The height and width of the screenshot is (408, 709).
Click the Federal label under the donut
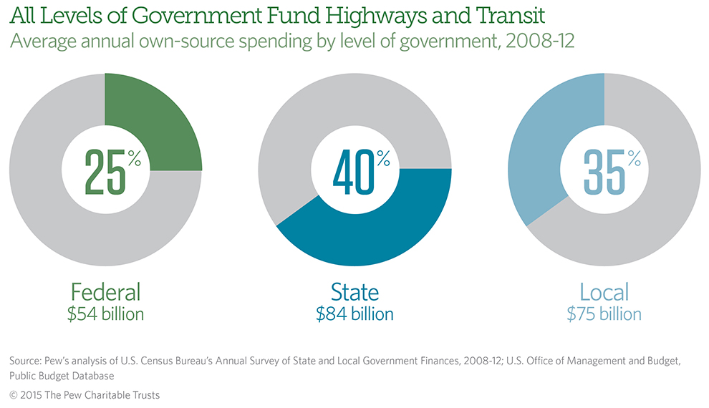(x=105, y=292)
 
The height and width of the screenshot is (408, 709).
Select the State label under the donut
(x=354, y=292)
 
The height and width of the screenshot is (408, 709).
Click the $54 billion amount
(x=105, y=314)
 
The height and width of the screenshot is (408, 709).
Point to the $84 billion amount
(x=354, y=314)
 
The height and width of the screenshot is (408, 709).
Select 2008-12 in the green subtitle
(x=541, y=41)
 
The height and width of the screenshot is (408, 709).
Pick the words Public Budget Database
(x=60, y=374)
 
